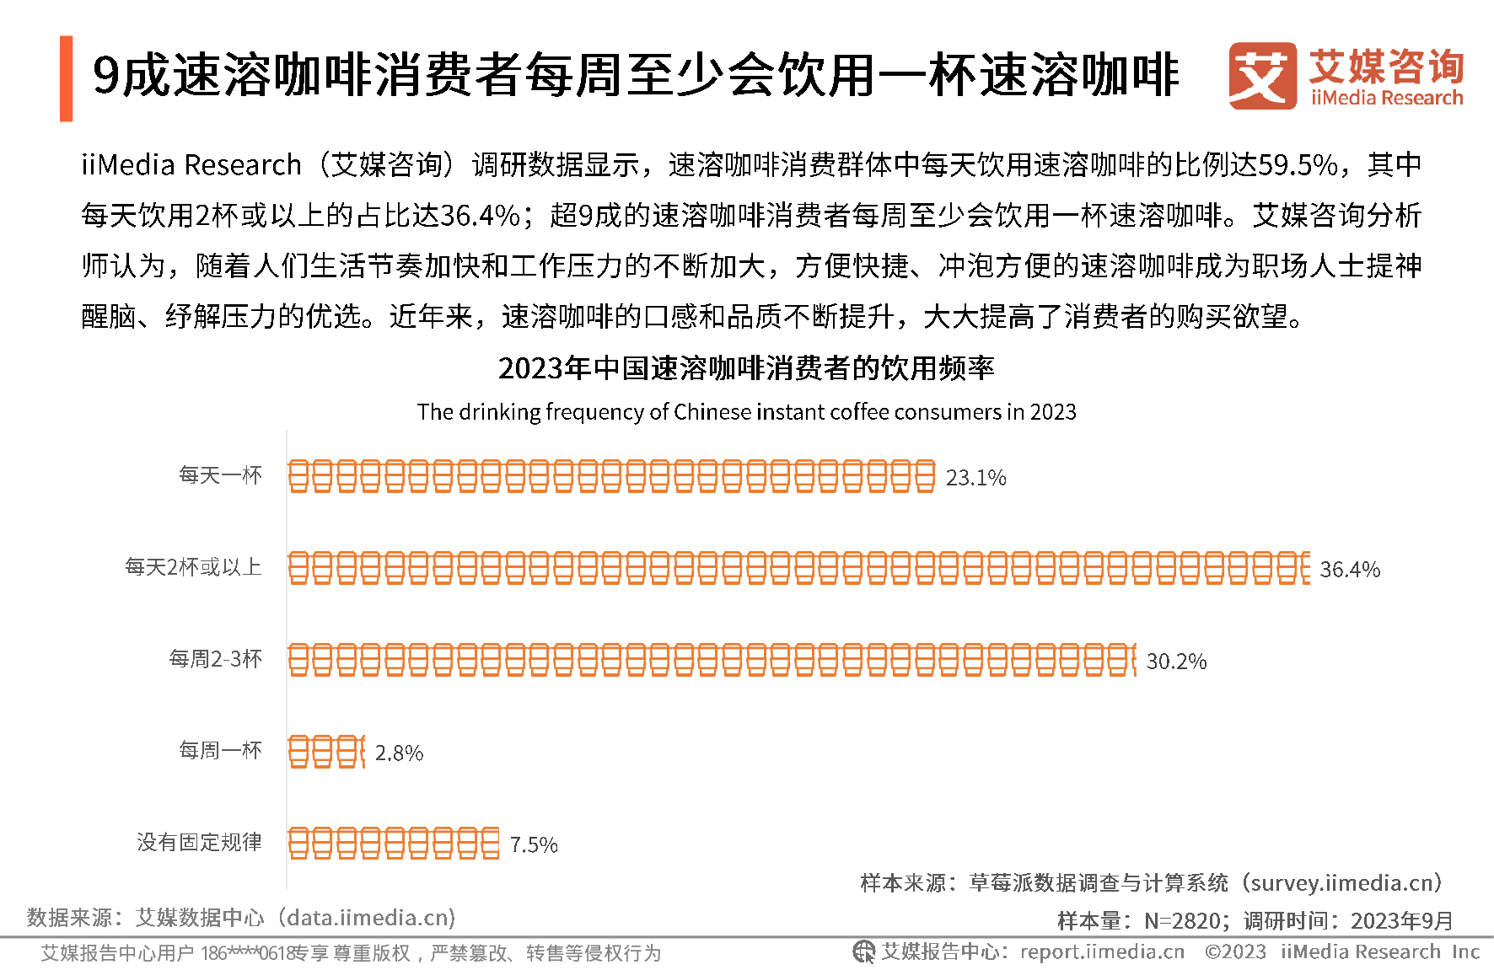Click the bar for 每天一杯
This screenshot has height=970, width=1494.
point(611,476)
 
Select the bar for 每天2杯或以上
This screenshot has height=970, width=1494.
point(798,568)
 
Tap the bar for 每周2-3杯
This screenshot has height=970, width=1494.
point(712,660)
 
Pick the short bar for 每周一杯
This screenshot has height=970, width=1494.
point(326,752)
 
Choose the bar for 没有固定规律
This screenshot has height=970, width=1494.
point(394,843)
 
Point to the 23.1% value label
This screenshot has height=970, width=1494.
point(975,478)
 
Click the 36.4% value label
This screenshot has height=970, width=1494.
point(1349,570)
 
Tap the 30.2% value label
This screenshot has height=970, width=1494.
point(1176,662)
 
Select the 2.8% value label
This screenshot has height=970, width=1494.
point(399,753)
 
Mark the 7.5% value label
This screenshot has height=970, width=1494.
point(534,845)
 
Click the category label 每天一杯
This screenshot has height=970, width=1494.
point(221,475)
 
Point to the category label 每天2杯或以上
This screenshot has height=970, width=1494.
point(193,567)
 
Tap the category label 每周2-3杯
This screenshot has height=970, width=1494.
point(216,658)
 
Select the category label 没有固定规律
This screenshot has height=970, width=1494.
point(200,842)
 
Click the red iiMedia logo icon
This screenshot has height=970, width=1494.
point(1262,76)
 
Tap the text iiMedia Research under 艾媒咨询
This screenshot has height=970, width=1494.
point(1387,98)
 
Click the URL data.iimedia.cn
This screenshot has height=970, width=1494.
point(371,917)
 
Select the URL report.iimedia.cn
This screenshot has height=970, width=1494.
point(1102,951)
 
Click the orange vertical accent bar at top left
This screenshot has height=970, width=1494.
point(67,78)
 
